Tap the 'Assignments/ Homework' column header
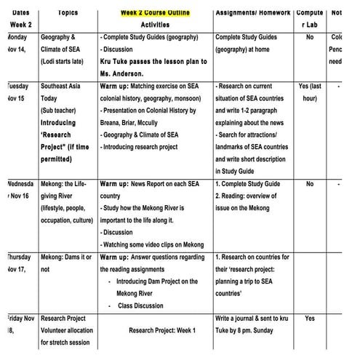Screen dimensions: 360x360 point(254,12)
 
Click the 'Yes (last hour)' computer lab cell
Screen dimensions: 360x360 point(310,92)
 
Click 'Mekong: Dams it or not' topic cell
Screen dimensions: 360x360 point(65,263)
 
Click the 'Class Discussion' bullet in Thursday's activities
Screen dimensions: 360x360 point(141,305)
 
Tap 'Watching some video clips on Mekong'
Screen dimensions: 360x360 point(153,244)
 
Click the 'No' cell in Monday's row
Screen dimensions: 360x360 point(311,36)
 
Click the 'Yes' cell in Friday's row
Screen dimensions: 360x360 point(310,319)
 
